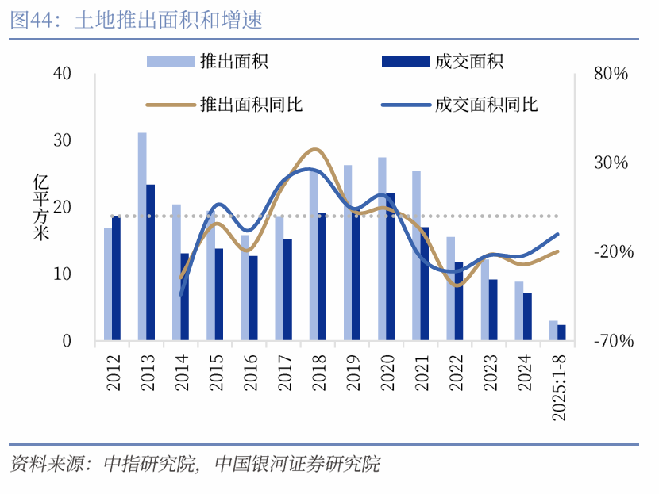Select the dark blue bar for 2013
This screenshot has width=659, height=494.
pos(150,262)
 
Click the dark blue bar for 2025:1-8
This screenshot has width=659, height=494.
pos(561,333)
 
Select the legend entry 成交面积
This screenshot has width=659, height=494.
pos(468,61)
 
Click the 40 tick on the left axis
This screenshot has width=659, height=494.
pos(62,74)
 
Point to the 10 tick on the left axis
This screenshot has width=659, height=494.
pos(62,274)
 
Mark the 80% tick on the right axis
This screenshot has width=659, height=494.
pos(611,74)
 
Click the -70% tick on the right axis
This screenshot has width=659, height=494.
pos(611,341)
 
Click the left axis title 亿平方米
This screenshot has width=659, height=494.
pos(40,207)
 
